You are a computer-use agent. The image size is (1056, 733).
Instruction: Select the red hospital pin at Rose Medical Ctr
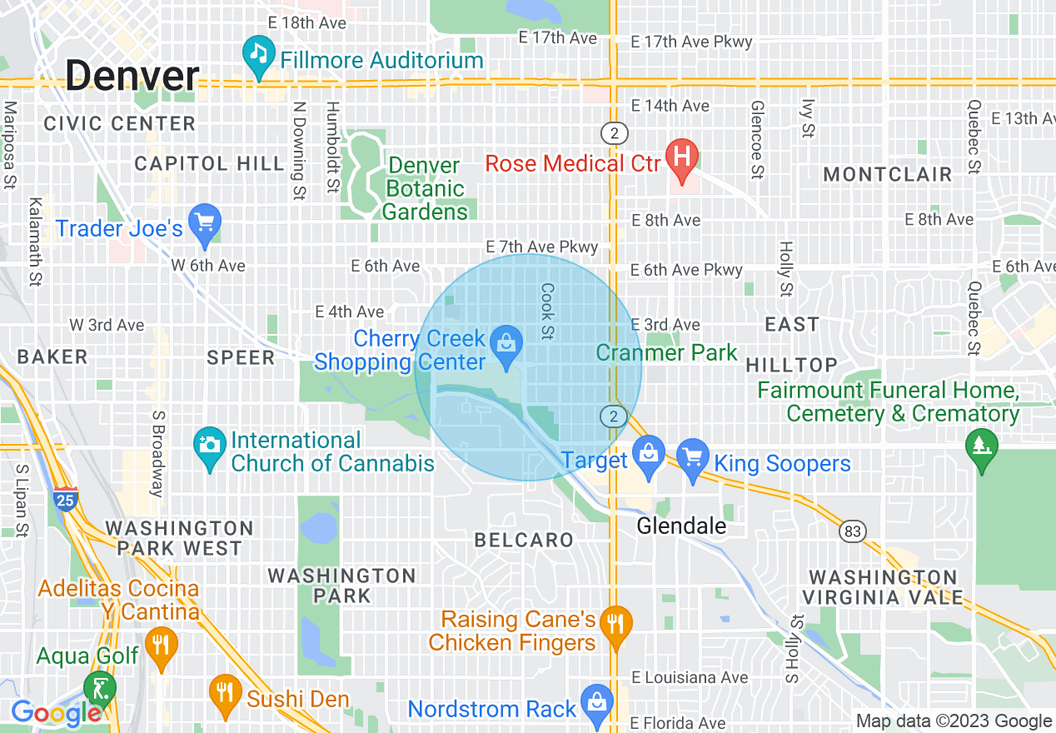(682, 159)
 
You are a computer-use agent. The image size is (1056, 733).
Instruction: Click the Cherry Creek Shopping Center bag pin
(505, 342)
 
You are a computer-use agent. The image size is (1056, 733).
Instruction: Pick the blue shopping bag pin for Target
(647, 455)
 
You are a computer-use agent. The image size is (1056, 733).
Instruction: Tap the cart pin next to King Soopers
(693, 459)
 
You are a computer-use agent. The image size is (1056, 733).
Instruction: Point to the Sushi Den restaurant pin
(224, 694)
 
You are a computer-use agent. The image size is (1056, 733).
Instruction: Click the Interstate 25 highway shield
(65, 498)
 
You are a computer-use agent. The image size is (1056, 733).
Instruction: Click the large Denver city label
(132, 77)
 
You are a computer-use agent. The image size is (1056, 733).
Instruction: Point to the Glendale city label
(681, 526)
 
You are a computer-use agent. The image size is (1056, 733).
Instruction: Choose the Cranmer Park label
(666, 352)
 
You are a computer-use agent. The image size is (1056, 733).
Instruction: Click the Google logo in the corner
(57, 713)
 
